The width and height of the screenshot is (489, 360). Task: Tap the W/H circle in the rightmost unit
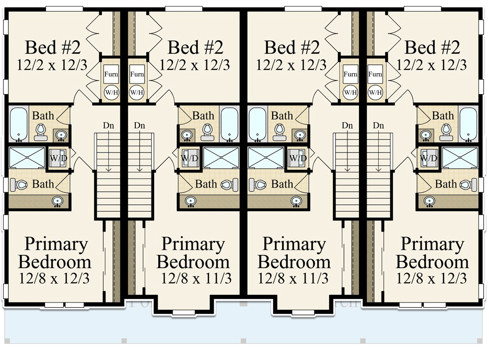point(375,92)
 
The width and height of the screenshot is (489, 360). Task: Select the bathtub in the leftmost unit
point(19,124)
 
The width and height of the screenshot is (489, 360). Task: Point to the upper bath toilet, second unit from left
point(207,131)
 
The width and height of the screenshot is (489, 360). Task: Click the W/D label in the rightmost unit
point(429,157)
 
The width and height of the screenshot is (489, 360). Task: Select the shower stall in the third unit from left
point(265,157)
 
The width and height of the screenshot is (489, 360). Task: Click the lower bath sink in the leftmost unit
point(57,201)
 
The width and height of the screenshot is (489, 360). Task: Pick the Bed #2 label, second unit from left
point(195,48)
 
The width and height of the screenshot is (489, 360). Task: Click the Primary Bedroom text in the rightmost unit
point(432,252)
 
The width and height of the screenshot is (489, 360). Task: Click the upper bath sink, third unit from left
point(300,135)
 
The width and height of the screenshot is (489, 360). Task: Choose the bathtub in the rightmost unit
point(469,124)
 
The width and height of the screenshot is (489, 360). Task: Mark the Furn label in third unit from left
point(350,74)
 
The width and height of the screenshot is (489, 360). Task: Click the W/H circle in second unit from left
point(137,92)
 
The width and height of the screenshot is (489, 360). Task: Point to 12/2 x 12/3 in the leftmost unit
point(52,65)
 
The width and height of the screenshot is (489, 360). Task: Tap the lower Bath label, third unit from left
point(282,184)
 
